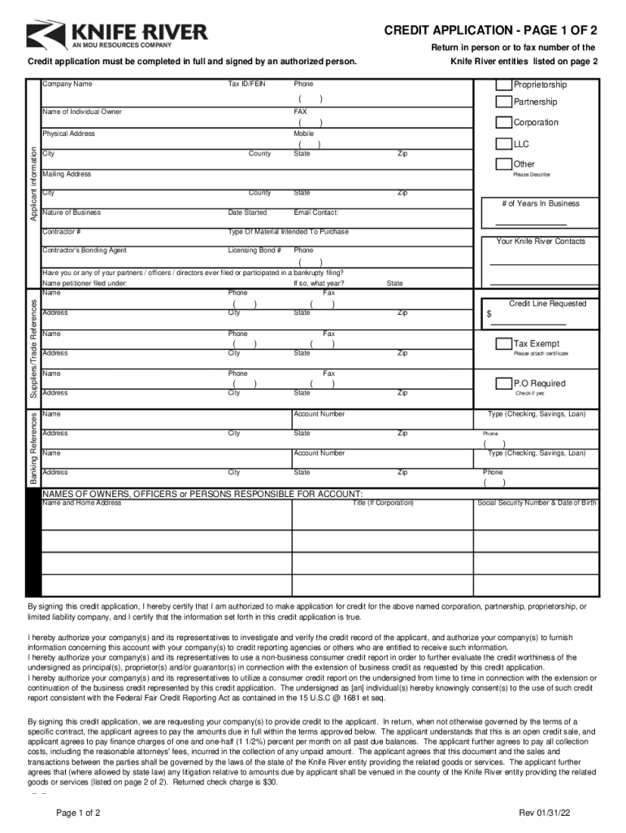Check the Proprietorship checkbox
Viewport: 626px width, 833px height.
click(504, 85)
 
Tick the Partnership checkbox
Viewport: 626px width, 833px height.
click(504, 102)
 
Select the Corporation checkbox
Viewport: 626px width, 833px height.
click(504, 123)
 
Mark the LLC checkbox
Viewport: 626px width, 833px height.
click(504, 144)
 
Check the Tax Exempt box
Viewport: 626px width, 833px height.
click(504, 344)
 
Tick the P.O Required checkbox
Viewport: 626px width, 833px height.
click(504, 383)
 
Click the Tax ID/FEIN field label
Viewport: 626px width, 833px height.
click(247, 85)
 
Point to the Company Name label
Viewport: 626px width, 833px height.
click(67, 85)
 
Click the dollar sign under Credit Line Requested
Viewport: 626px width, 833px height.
click(489, 314)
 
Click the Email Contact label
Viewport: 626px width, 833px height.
click(316, 212)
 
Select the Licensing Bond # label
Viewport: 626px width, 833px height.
click(254, 251)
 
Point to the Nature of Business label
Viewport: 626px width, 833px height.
click(72, 212)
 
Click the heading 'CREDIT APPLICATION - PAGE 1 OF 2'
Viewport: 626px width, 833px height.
click(490, 31)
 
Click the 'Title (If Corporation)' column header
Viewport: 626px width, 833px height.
click(382, 503)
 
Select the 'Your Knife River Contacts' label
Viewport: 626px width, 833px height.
click(541, 241)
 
